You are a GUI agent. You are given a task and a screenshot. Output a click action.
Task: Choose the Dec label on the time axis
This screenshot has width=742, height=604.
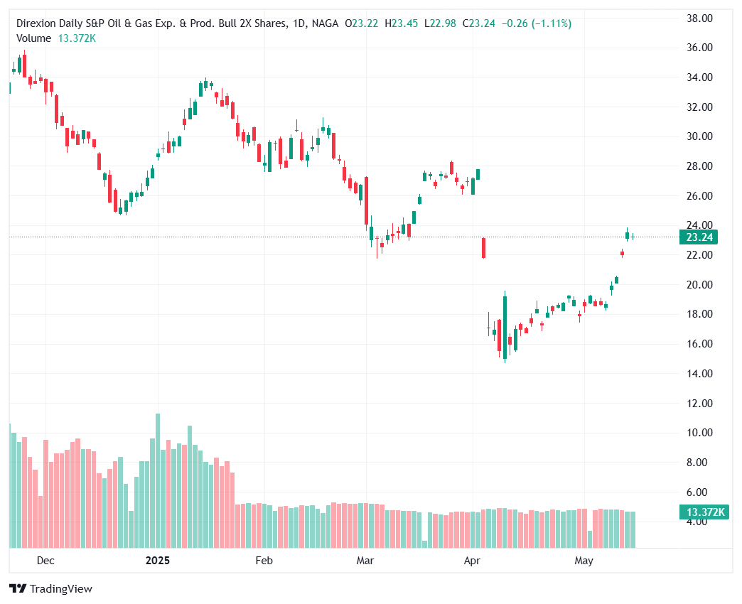pyautogui.click(x=45, y=561)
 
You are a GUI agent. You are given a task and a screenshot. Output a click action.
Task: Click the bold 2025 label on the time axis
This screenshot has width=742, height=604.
pyautogui.click(x=158, y=561)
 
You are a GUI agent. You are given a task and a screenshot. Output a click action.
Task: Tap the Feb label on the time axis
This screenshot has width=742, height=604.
pyautogui.click(x=264, y=561)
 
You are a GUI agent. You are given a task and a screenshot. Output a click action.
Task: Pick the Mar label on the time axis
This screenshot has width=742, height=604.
pyautogui.click(x=365, y=561)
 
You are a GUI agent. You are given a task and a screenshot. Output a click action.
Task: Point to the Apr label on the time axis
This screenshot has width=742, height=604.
pyautogui.click(x=472, y=561)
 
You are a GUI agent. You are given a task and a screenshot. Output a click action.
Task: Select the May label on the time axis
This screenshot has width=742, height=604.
pyautogui.click(x=584, y=561)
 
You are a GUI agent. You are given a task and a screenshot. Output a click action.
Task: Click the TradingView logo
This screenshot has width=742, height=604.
pyautogui.click(x=50, y=588)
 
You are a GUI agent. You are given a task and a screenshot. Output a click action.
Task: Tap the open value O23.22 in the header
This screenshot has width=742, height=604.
pyautogui.click(x=362, y=23)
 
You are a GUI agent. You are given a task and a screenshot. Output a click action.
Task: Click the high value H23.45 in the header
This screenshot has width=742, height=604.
pyautogui.click(x=402, y=23)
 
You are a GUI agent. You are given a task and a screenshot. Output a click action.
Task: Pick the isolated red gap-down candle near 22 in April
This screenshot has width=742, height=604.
pyautogui.click(x=483, y=247)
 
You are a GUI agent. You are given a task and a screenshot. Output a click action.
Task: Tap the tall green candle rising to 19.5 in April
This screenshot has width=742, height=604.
pyautogui.click(x=505, y=323)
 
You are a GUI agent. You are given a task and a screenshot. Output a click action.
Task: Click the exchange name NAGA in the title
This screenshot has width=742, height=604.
pyautogui.click(x=326, y=23)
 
